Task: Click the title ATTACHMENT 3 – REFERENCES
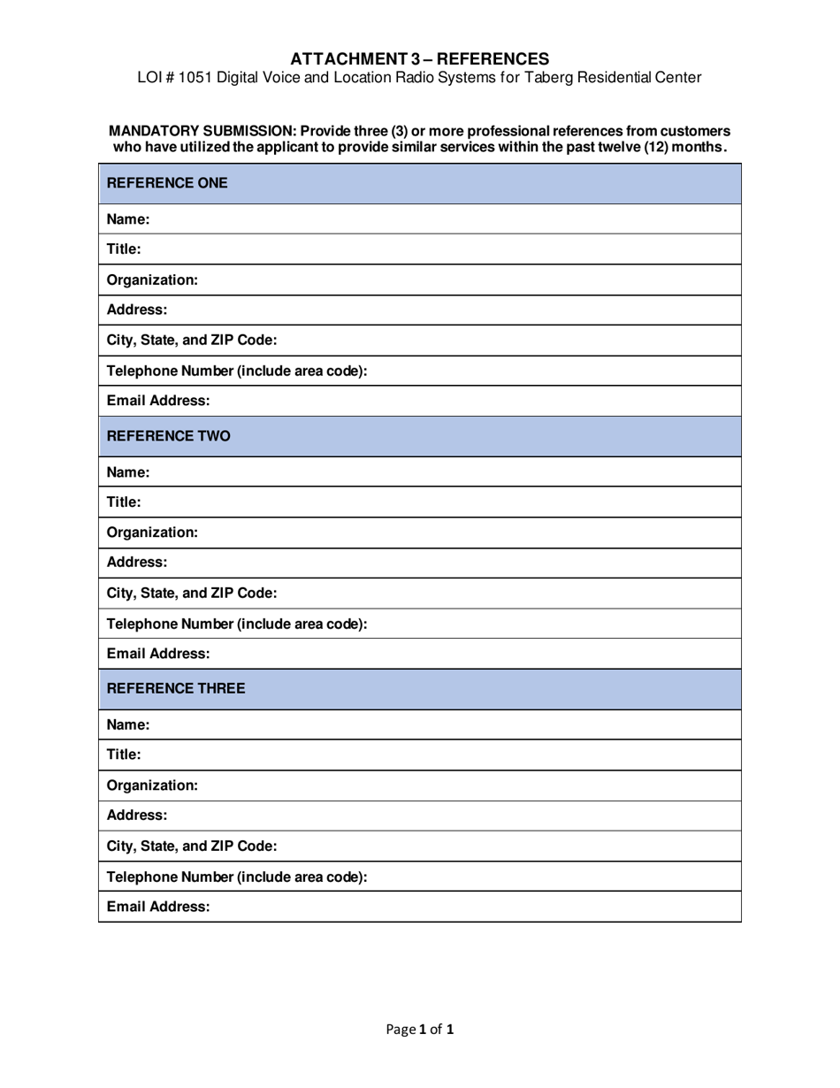(419, 59)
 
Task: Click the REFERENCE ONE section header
(167, 183)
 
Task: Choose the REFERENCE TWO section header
(168, 435)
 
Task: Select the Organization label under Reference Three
(152, 785)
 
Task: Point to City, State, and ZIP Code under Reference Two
(192, 593)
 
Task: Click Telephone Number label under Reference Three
(236, 877)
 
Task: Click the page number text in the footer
(420, 1029)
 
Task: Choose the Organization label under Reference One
(152, 280)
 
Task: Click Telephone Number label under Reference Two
(236, 624)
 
